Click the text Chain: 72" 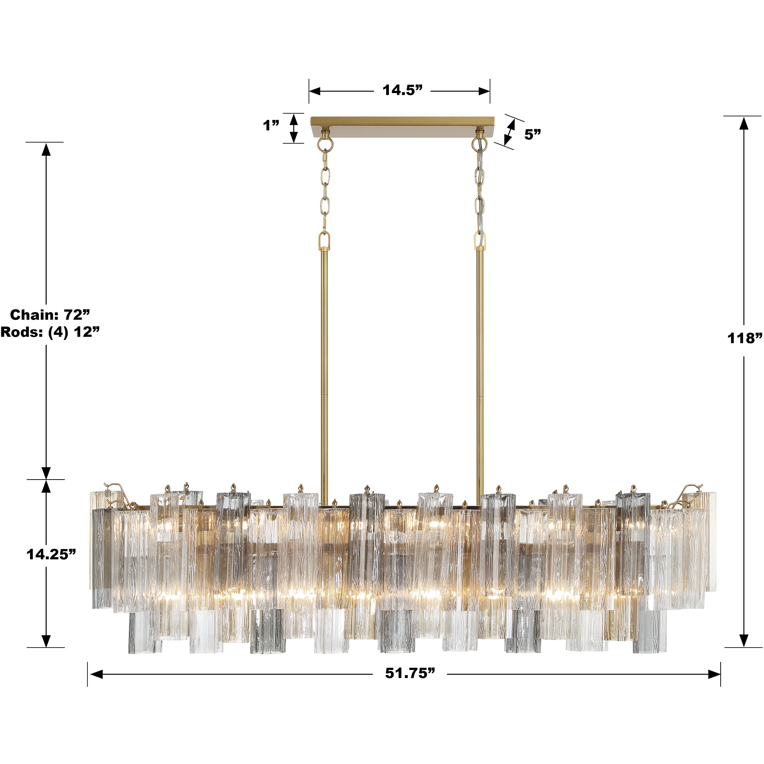pos(50,315)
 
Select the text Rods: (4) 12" pos(50,332)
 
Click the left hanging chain pos(325,190)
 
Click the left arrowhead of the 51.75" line pos(96,674)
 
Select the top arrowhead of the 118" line pos(744,123)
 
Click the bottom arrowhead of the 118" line pos(744,641)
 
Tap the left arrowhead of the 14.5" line pos(315,91)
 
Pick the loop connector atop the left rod pos(325,240)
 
